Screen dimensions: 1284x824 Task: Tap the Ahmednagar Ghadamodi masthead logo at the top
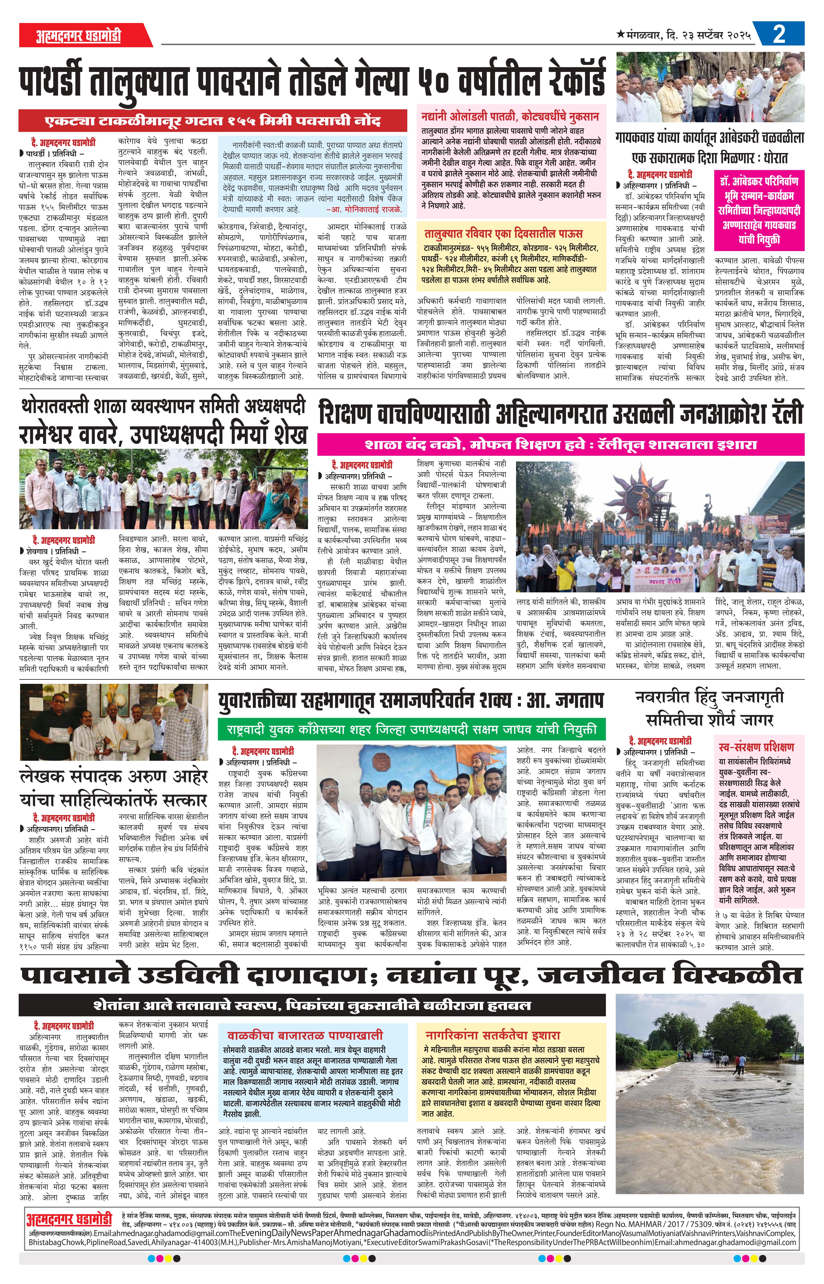79,36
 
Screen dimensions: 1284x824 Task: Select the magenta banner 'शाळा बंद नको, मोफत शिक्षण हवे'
561,444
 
